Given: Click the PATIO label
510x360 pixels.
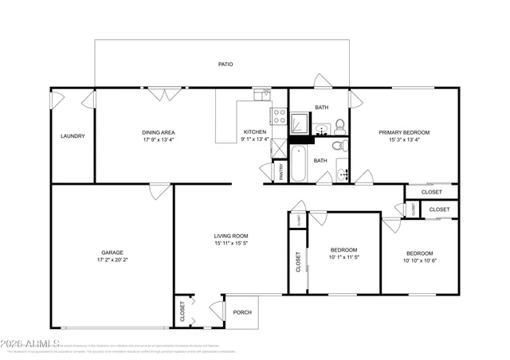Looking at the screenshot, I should pos(226,64).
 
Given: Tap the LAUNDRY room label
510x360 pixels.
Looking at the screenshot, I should pos(73,136).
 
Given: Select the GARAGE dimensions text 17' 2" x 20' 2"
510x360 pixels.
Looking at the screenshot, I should pos(112,259).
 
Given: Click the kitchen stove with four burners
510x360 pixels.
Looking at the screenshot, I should pos(279,118).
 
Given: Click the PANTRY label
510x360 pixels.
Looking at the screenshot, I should pos(280,172).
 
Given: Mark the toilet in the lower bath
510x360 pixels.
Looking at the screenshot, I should pos(337,146).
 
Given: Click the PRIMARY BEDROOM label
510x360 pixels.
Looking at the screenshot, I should pos(404,132).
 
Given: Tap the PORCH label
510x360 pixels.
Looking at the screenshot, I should pos(242,312).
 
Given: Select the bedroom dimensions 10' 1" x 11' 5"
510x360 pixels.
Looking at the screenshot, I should pos(343,257).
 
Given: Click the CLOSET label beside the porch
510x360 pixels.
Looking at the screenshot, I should pos(182,309).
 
